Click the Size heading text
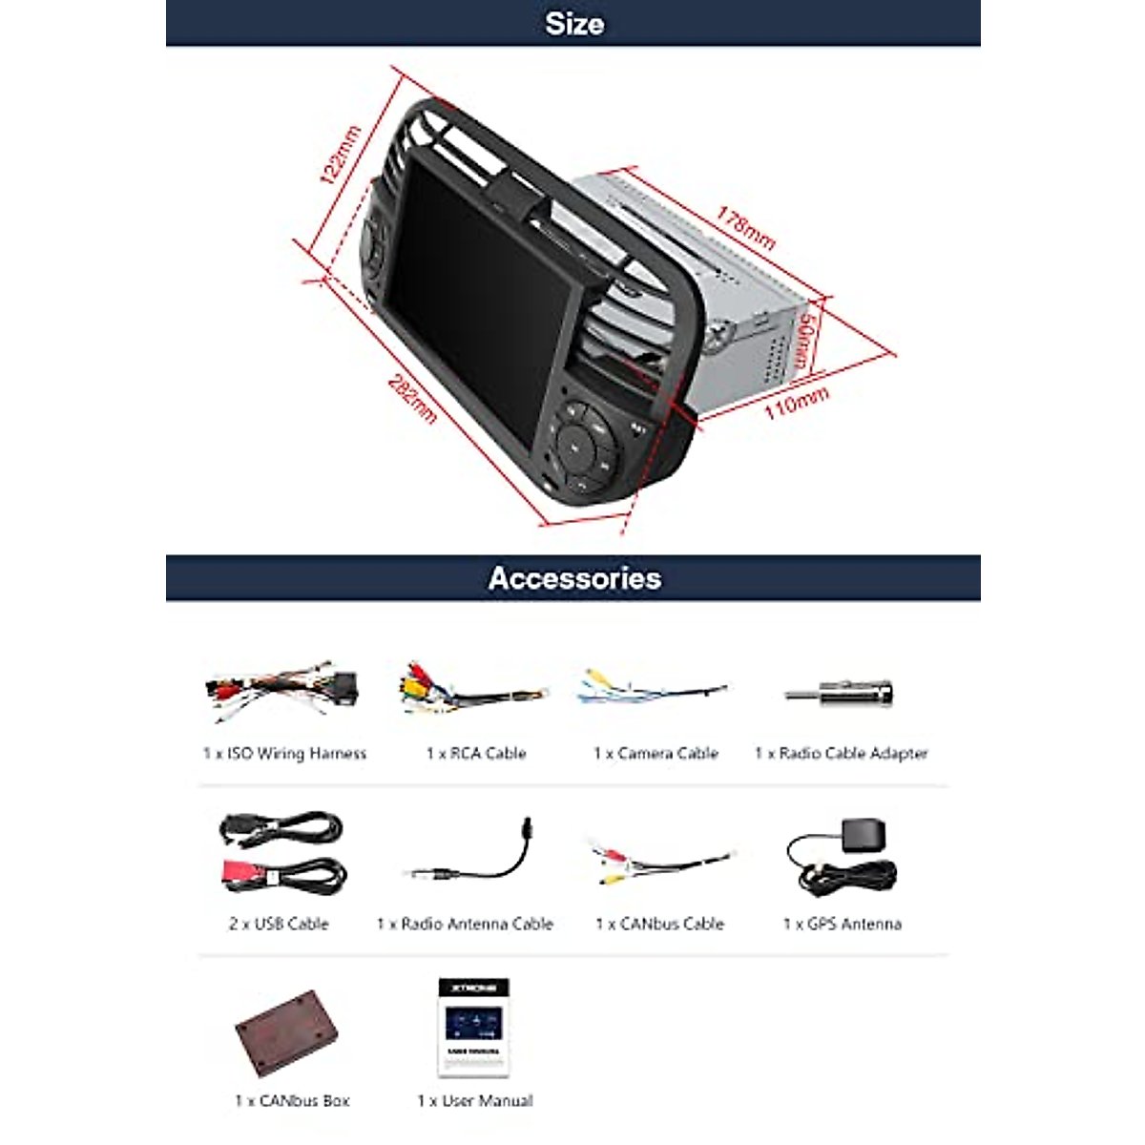point(573,24)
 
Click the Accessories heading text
point(573,578)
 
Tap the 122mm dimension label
point(340,154)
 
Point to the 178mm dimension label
point(746,228)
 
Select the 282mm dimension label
point(412,397)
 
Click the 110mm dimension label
point(796,403)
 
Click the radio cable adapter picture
point(840,694)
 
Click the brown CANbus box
point(289,1032)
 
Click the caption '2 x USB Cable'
point(279,924)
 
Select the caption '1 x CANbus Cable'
point(659,924)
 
